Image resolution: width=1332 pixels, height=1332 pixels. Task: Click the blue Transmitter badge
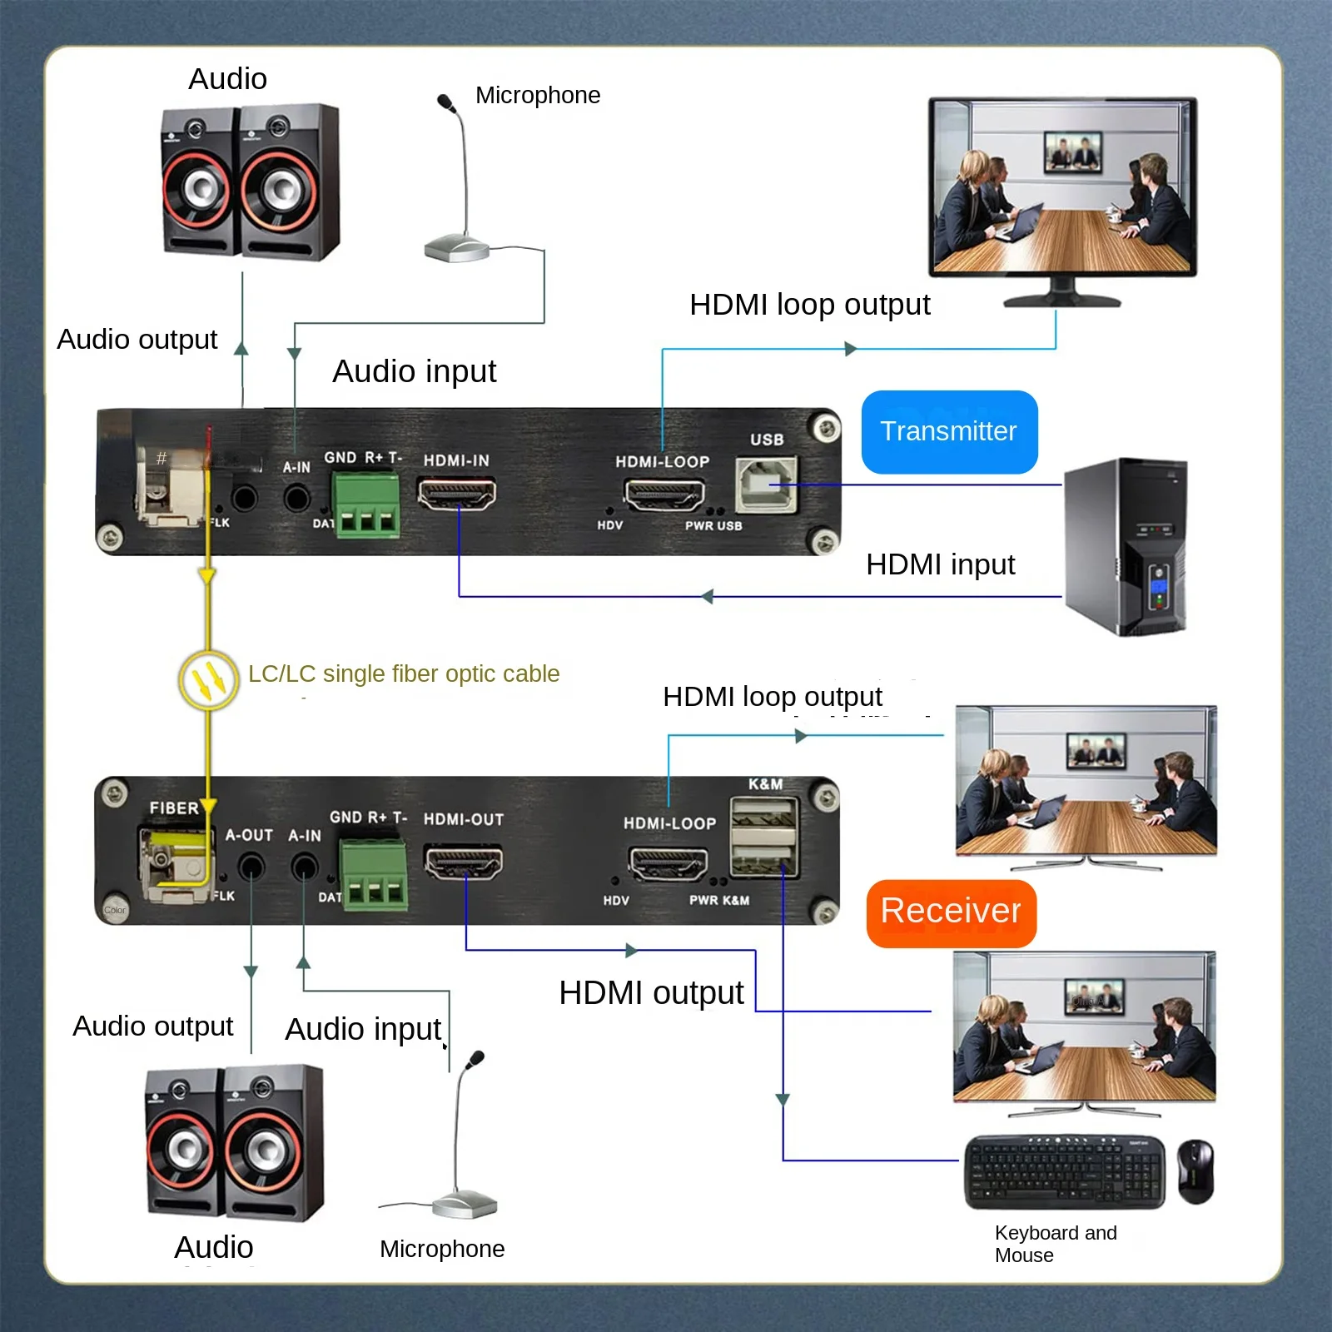(x=949, y=432)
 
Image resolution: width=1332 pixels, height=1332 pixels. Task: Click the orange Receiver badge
(x=951, y=912)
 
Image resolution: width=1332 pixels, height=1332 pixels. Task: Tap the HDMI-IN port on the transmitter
(x=456, y=495)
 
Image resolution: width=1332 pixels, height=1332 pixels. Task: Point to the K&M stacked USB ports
(x=764, y=837)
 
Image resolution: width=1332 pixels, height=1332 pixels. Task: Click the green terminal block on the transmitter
(x=366, y=506)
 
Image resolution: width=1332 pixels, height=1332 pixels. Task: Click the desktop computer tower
(x=1126, y=546)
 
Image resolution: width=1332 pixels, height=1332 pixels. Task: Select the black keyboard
(x=1065, y=1171)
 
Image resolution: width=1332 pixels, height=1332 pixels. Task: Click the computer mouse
(x=1195, y=1170)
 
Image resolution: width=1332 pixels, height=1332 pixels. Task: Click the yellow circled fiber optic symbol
(x=209, y=680)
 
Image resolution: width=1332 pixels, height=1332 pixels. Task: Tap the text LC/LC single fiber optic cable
(x=404, y=673)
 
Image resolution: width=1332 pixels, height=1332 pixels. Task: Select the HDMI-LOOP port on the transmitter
(x=664, y=496)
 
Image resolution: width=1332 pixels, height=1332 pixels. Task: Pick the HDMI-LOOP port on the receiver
(x=668, y=863)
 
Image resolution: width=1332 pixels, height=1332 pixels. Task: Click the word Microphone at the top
(x=538, y=96)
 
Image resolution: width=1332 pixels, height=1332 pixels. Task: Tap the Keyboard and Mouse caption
(x=1056, y=1244)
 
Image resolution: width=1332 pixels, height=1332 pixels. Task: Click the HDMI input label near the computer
(x=940, y=564)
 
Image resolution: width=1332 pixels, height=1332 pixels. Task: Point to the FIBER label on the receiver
(x=174, y=808)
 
